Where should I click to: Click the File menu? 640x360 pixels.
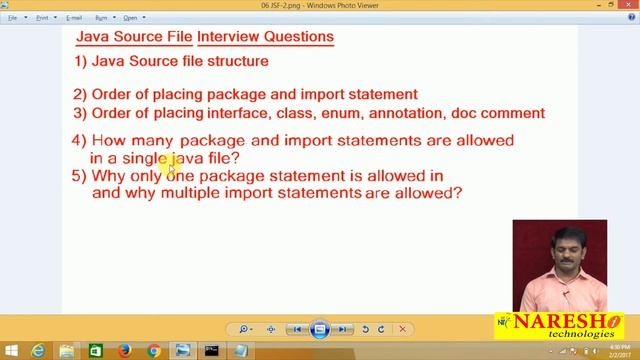point(13,17)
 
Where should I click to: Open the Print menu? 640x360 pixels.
point(41,17)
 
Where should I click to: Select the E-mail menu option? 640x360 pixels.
point(74,17)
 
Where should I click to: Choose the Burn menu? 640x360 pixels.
point(102,17)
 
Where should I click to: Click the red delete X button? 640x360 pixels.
point(403,328)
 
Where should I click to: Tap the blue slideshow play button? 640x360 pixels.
point(319,328)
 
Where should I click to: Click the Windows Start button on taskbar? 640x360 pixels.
point(11,351)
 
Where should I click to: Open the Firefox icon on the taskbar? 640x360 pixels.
point(125,351)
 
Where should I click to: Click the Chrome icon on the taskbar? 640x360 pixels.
point(154,351)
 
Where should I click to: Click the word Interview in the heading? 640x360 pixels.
point(230,37)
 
